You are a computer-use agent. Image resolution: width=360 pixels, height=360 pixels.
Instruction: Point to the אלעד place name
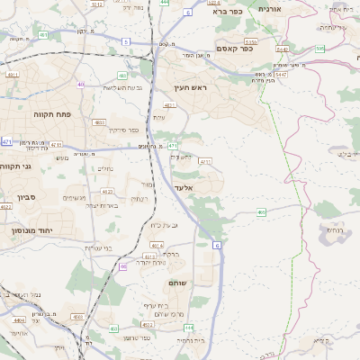point(184,187)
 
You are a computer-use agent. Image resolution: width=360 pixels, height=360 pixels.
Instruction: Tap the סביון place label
point(22,196)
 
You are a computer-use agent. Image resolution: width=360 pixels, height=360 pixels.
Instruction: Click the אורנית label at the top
point(269,8)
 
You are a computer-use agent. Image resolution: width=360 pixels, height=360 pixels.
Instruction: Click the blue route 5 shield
point(125,41)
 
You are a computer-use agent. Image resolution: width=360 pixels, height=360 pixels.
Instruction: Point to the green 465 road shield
point(261,212)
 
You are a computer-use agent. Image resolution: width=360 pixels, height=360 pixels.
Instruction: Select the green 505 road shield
point(319,49)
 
